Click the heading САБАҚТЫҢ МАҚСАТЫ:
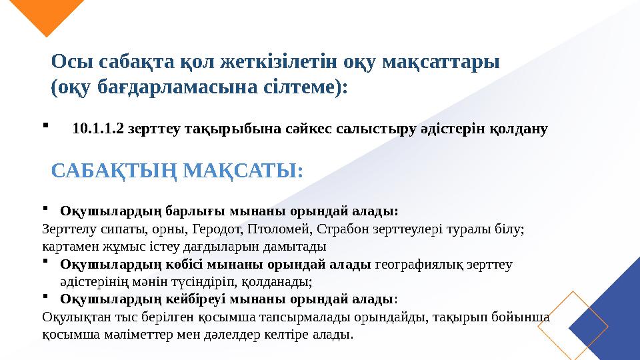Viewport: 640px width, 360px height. [177, 171]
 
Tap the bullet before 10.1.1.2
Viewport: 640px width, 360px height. [45, 123]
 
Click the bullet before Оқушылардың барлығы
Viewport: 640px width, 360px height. [45, 207]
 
